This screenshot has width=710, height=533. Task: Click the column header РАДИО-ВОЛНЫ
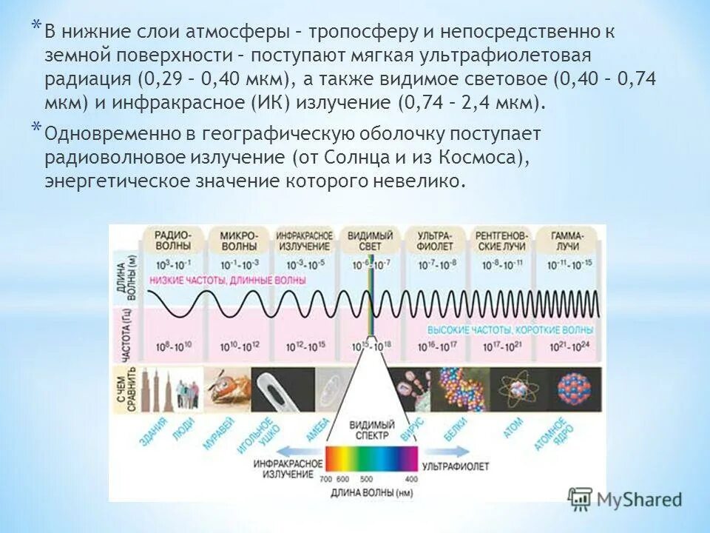174,238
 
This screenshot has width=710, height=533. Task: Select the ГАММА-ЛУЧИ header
567,238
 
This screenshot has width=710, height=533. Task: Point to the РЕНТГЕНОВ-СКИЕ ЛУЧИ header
501,238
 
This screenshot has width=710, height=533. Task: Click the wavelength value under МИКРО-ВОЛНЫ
238,264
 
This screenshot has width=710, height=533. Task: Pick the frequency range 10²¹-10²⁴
567,346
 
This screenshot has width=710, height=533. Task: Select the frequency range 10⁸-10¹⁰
174,346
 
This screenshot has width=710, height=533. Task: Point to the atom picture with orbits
513,386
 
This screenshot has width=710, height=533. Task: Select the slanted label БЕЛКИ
455,432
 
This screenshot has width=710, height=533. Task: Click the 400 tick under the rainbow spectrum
411,480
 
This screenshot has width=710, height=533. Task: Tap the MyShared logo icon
581,499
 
